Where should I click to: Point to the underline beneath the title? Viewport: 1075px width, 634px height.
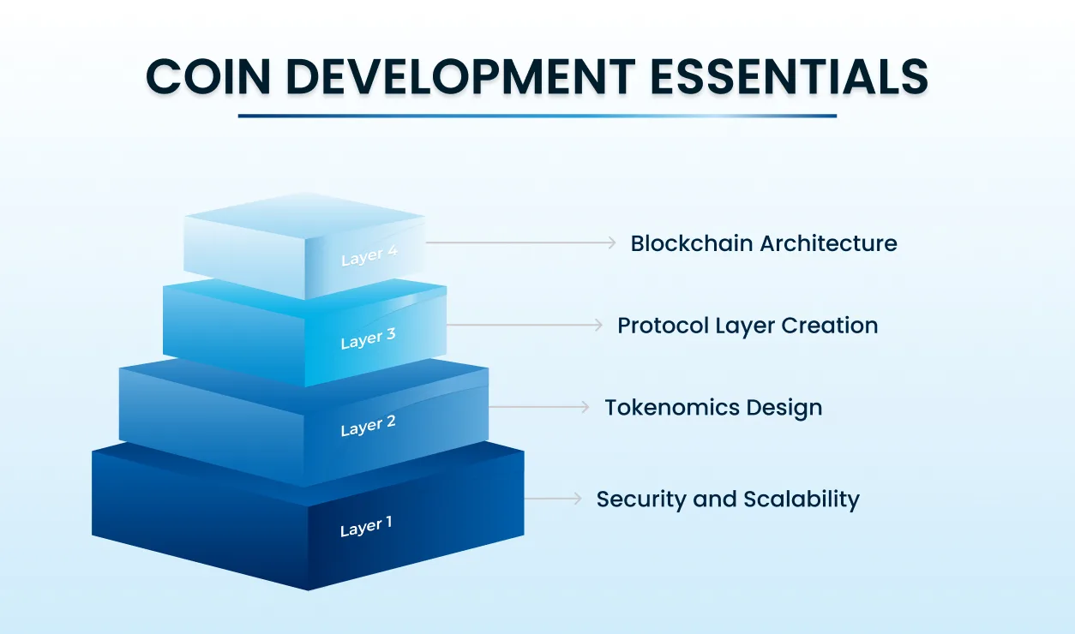[x=537, y=116]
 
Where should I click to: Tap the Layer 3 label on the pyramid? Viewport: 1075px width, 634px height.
[x=368, y=338]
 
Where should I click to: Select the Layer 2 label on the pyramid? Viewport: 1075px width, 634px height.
[x=368, y=426]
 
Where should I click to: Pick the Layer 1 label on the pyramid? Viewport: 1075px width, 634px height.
[x=366, y=527]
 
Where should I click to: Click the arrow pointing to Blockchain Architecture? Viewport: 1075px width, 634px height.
[x=520, y=243]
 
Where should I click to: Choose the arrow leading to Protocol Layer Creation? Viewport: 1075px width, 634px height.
[x=525, y=326]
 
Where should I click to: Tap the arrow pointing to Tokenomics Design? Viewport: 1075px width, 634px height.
[x=539, y=407]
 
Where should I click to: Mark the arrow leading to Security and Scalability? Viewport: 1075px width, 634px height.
[x=553, y=498]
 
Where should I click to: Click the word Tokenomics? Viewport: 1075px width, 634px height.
[x=658, y=408]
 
